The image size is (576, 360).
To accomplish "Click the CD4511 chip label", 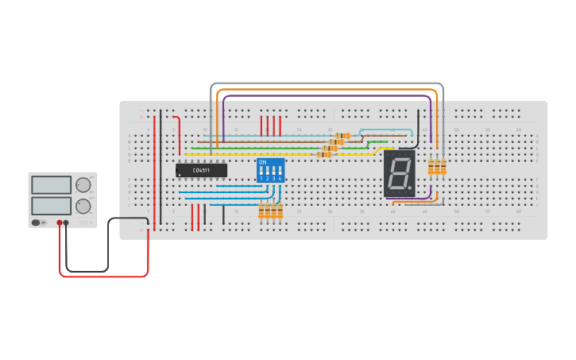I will (201, 170).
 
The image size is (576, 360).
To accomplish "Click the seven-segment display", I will (399, 173).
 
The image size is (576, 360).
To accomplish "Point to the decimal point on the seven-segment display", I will (410, 188).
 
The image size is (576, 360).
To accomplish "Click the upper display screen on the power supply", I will (52, 184).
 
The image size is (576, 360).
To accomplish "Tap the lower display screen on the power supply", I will (52, 205).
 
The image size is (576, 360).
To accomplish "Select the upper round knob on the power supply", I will (83, 185).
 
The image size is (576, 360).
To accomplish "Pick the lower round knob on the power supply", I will (83, 206).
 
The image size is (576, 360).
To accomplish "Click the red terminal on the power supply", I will (60, 223).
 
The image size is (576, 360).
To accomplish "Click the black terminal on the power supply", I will (66, 223).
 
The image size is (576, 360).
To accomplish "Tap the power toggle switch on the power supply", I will (37, 223).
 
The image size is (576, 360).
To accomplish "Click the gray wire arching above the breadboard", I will (326, 83).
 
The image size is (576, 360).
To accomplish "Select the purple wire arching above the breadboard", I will (326, 96).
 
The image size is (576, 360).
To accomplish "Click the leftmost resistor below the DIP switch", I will (261, 211).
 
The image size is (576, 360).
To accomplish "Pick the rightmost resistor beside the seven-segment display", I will (443, 166).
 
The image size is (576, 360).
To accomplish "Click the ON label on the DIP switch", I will (262, 162).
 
